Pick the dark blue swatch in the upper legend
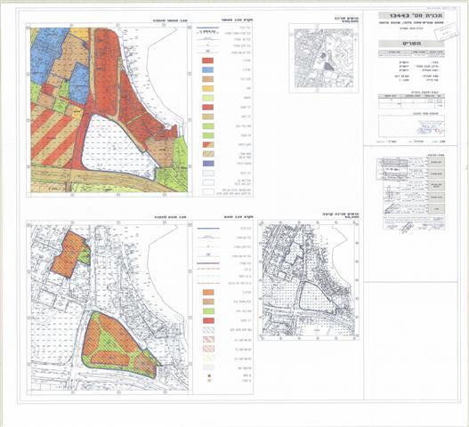[x=206, y=69]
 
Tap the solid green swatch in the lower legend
[x=206, y=310]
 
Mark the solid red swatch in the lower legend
[x=206, y=319]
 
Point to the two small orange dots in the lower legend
[x=206, y=377]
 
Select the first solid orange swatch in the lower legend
[x=206, y=291]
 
